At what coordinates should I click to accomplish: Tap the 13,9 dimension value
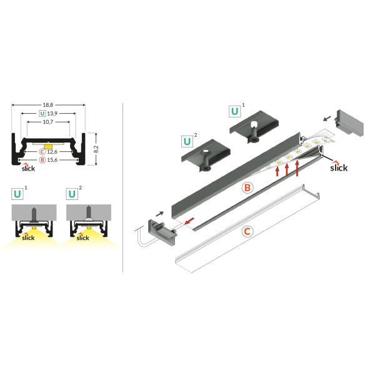click(x=52, y=113)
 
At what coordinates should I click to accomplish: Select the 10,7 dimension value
click(x=49, y=122)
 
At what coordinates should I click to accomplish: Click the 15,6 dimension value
click(x=52, y=160)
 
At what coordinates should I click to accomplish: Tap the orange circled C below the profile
click(x=247, y=231)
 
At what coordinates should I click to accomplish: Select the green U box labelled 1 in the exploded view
click(x=235, y=112)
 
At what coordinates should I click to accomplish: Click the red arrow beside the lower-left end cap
click(x=188, y=221)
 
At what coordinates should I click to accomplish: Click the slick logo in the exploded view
click(x=338, y=167)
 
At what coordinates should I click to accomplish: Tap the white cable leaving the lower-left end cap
click(x=141, y=239)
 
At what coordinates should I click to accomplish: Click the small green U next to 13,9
click(x=42, y=113)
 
